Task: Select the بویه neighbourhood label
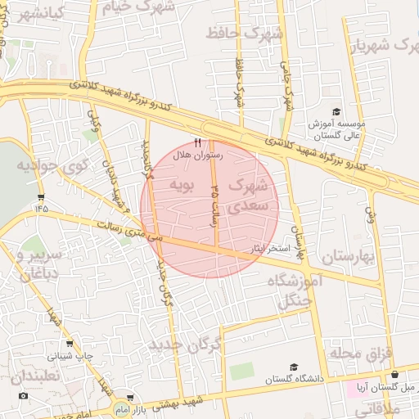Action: tap(181, 186)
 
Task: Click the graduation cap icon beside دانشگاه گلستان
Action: tap(292, 367)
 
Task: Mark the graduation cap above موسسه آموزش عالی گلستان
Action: tap(335, 112)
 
